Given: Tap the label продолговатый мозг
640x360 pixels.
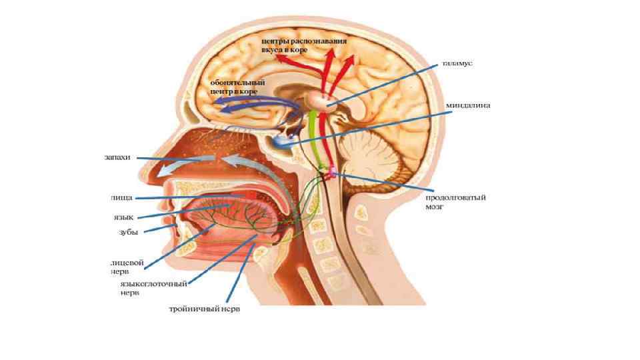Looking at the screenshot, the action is click(x=456, y=202).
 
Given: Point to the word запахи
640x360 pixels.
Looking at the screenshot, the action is click(x=117, y=158).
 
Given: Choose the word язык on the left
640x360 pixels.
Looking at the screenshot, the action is click(x=123, y=217).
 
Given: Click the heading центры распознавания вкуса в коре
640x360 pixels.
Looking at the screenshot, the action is click(x=304, y=45).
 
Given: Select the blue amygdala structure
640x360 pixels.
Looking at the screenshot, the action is click(x=283, y=141).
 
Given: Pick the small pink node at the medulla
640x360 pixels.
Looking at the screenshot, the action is click(x=331, y=173).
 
